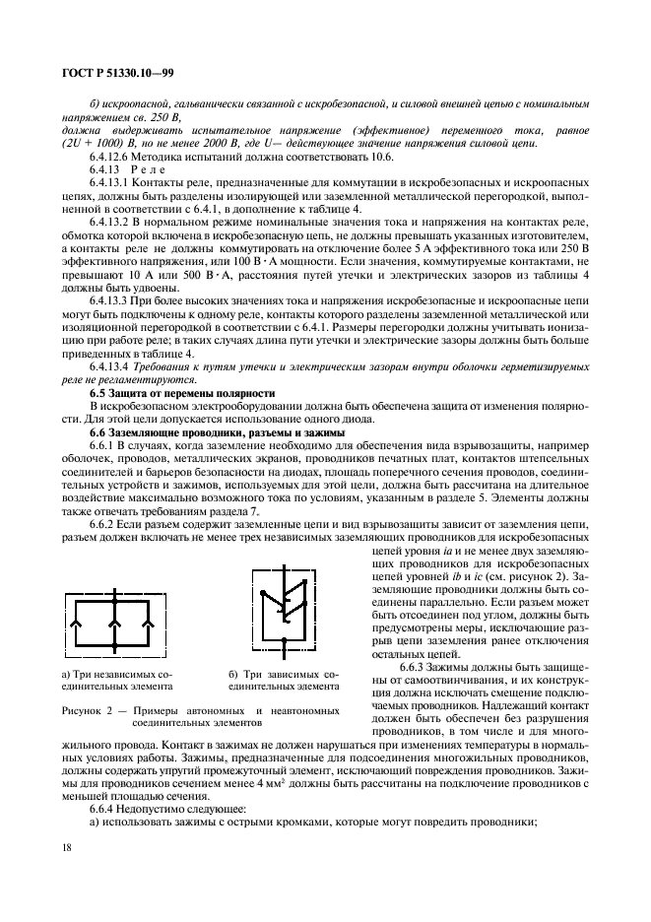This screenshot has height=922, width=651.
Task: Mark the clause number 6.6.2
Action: [x=105, y=526]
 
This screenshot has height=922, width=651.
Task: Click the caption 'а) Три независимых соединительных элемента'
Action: [x=117, y=680]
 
